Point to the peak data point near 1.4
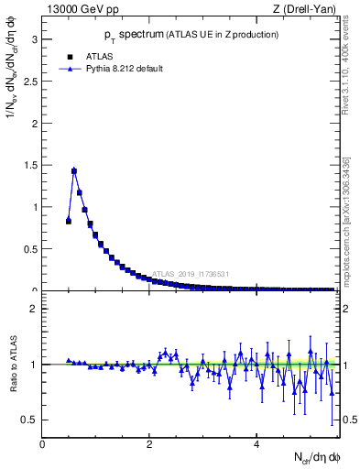74,170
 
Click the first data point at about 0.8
69,221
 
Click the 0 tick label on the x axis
43,444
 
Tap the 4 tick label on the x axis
257,444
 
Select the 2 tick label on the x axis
150,444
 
